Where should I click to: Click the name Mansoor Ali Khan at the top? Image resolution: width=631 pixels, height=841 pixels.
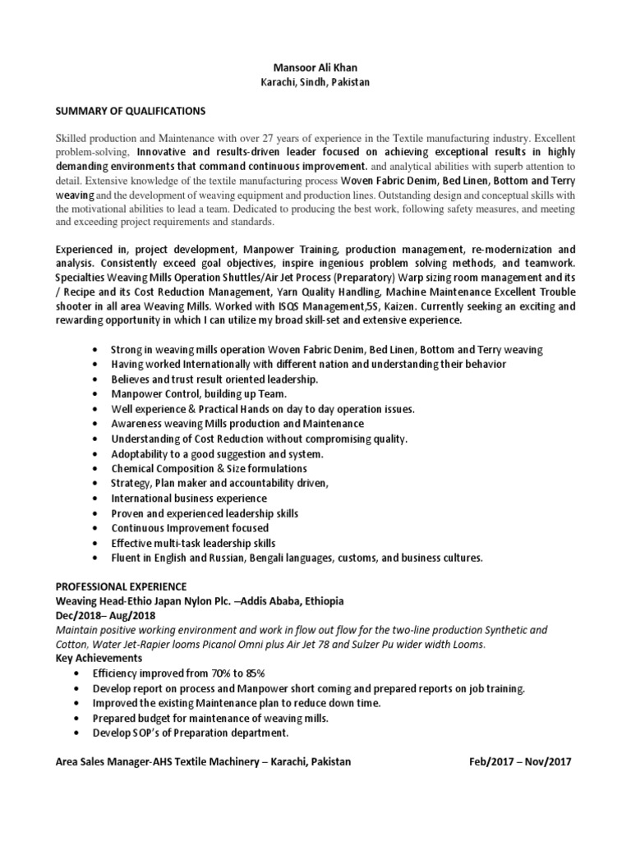(315, 70)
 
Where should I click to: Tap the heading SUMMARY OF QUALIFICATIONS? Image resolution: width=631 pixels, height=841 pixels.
(130, 110)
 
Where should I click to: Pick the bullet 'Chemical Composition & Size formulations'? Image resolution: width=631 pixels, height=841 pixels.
(209, 468)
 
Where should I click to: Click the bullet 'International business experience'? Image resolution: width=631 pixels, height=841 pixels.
(189, 498)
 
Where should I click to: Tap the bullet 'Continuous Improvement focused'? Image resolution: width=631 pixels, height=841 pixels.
(190, 528)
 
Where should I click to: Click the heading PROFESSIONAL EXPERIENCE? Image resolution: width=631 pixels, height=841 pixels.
(121, 586)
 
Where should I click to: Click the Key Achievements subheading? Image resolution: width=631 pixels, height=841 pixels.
(98, 659)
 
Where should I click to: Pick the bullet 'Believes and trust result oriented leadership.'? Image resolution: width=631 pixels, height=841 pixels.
(214, 379)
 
